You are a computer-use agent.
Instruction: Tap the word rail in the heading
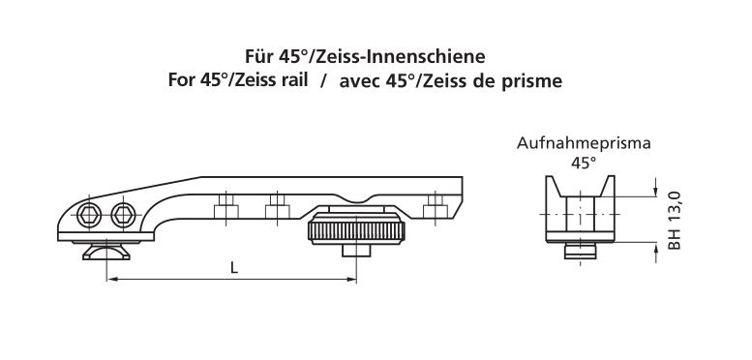point(293,80)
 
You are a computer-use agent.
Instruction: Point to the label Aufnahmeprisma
point(584,143)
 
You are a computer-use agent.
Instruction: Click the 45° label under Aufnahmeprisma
point(584,163)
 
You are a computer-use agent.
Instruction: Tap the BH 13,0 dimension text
point(674,220)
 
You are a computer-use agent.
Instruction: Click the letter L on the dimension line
point(234,268)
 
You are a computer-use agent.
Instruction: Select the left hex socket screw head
point(89,214)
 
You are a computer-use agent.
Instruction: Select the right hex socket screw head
point(123,214)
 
